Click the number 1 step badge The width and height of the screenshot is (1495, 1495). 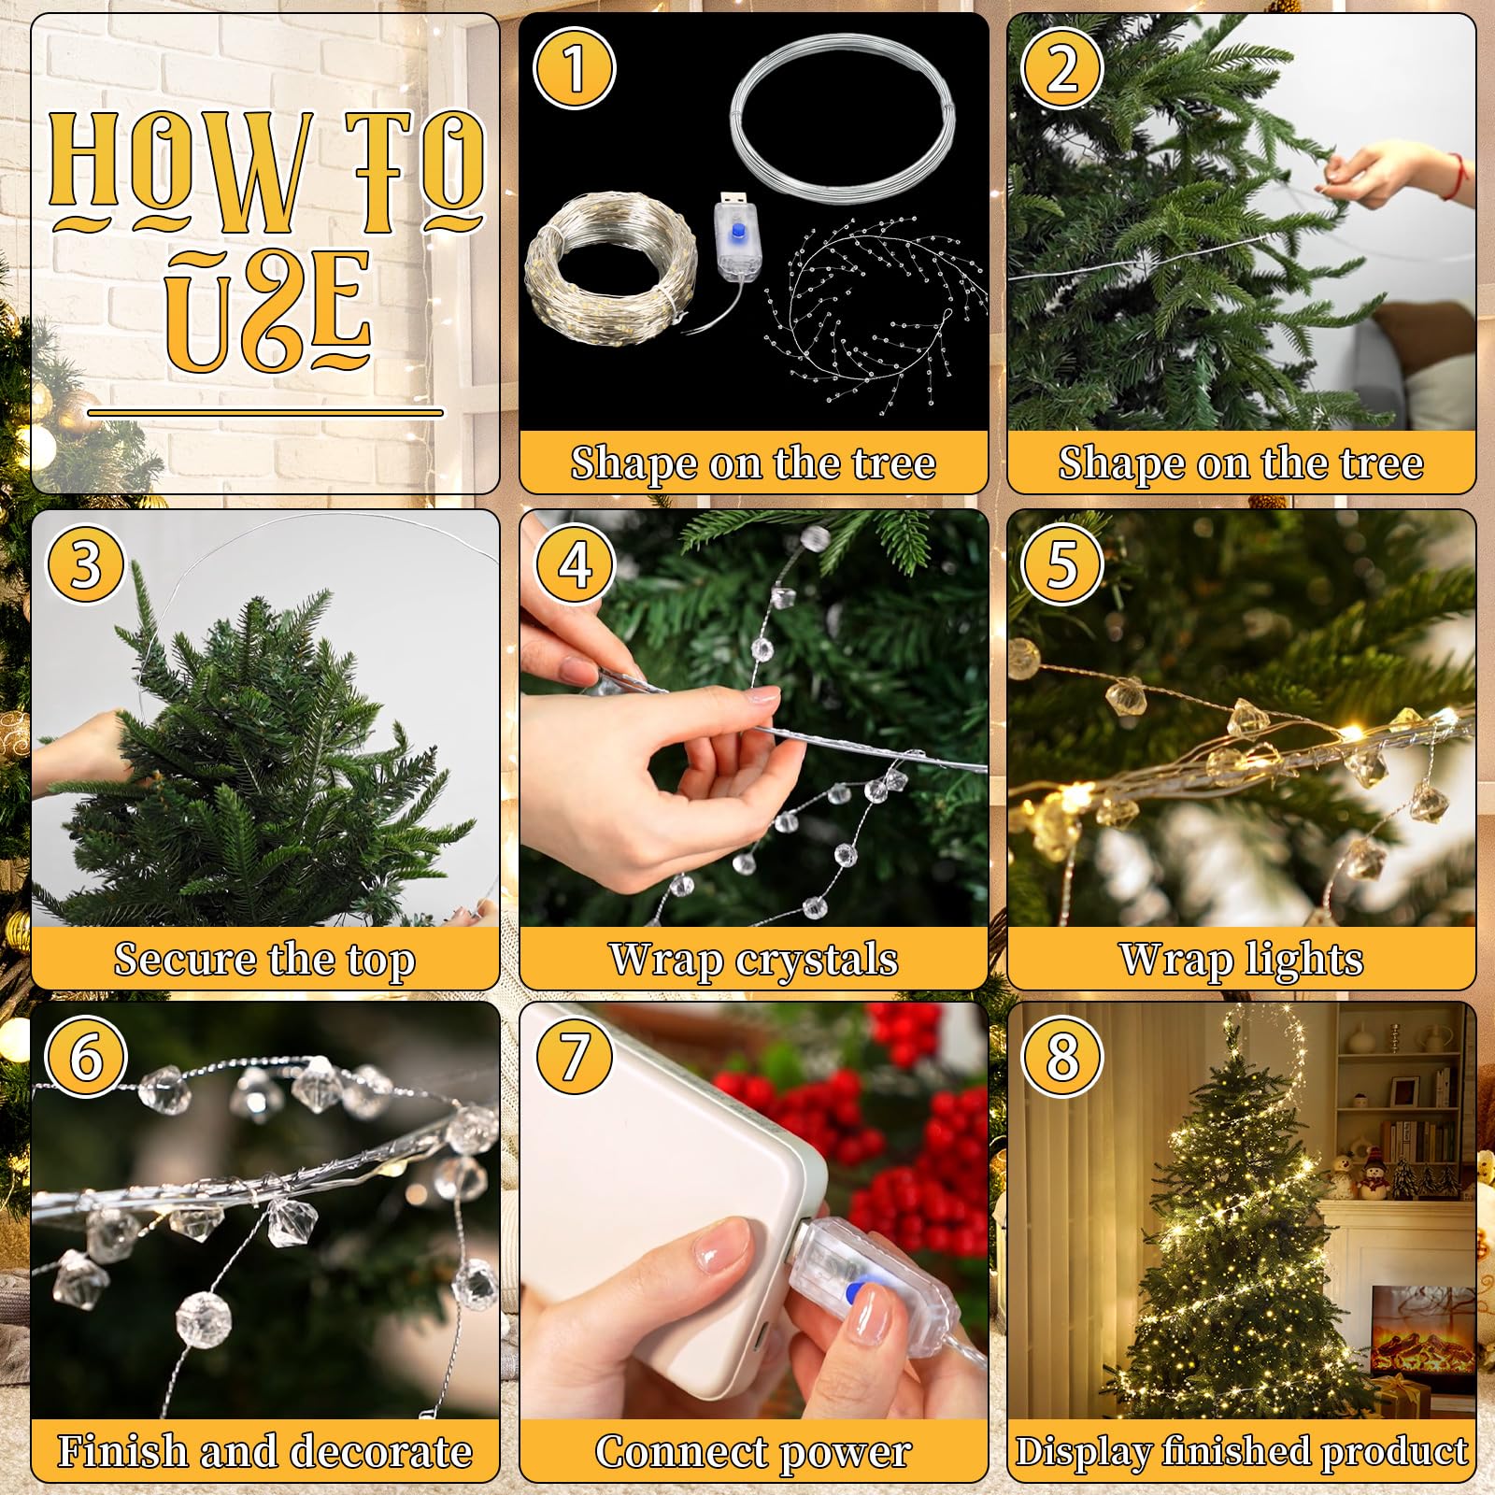(574, 69)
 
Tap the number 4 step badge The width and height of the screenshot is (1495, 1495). (574, 564)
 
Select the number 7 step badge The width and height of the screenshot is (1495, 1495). (574, 1056)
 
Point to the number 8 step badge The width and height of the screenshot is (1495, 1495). (1062, 1056)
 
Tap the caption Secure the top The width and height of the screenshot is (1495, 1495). (264, 960)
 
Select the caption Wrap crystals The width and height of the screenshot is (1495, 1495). (753, 960)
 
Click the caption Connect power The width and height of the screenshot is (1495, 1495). (753, 1452)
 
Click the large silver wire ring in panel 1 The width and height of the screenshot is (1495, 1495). (843, 117)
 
